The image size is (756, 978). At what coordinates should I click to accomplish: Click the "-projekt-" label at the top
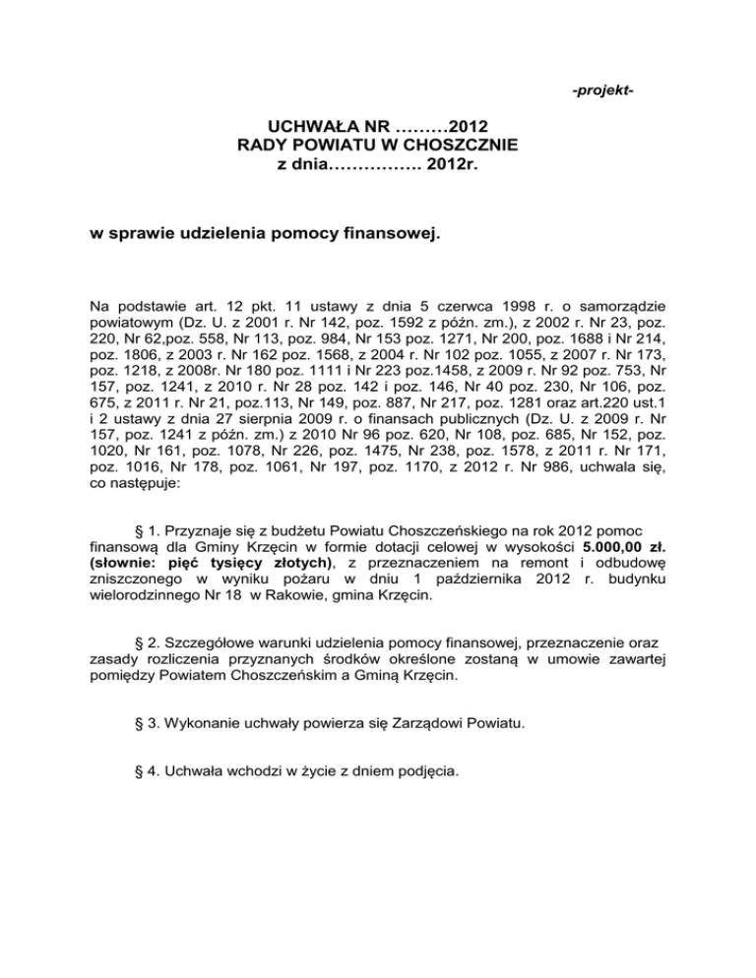(602, 92)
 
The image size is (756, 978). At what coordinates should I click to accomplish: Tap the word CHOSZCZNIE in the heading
(462, 147)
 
